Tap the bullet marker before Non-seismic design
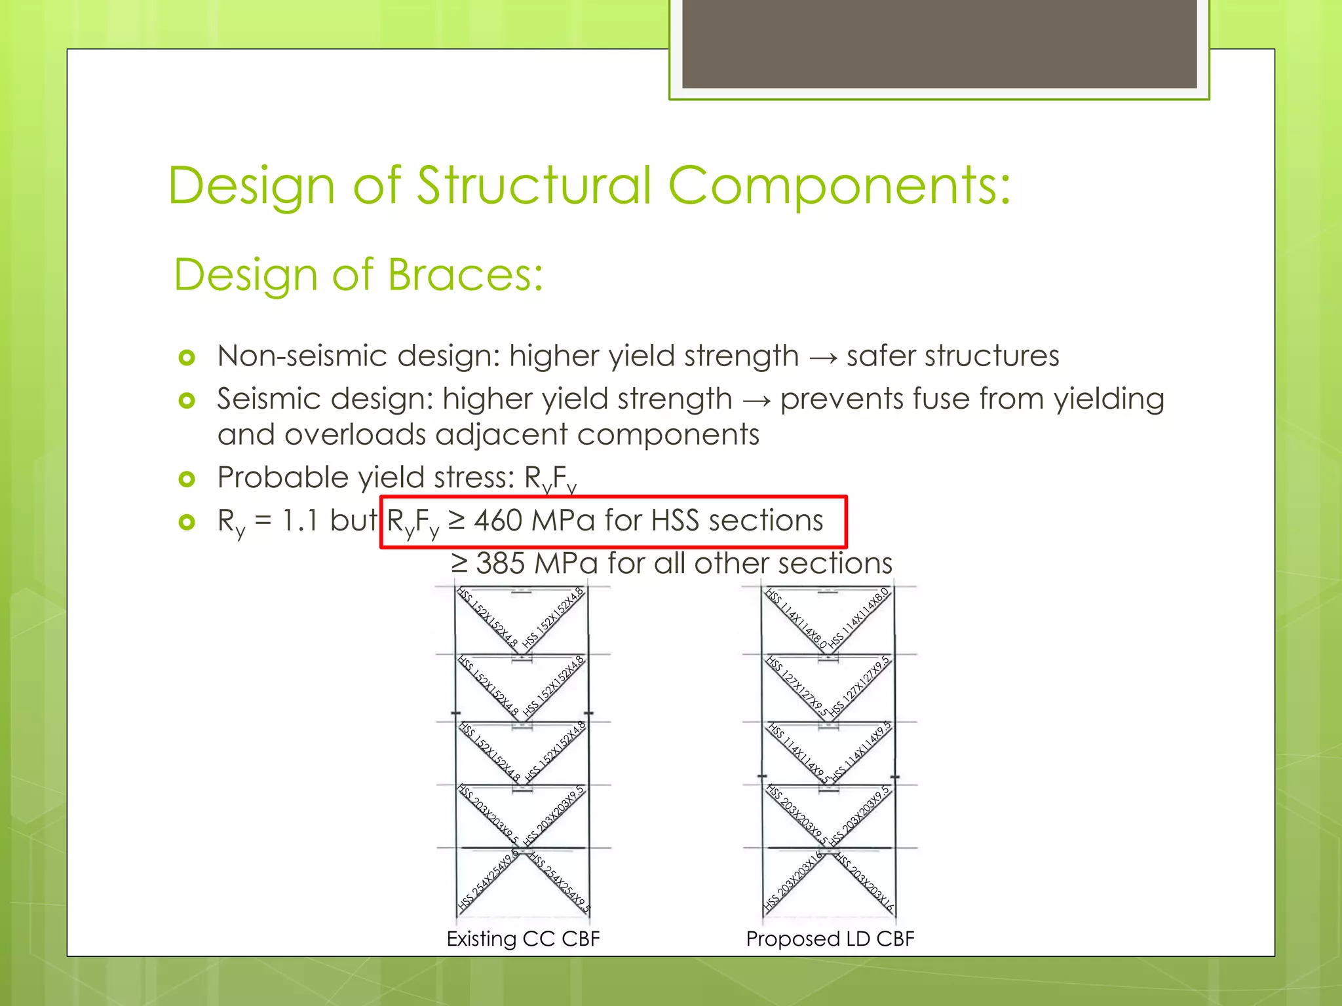(x=187, y=358)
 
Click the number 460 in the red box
(x=497, y=521)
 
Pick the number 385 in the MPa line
(x=500, y=563)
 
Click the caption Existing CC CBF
(x=523, y=939)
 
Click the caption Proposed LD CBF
(x=830, y=939)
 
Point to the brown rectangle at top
(x=939, y=44)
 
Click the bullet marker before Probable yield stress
(x=187, y=479)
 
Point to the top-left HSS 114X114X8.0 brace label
(x=795, y=618)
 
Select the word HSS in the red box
(x=675, y=521)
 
